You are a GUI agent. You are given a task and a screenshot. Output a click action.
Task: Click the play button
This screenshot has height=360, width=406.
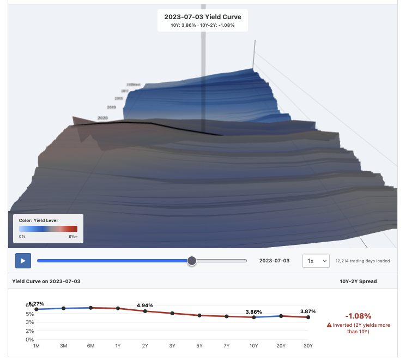click(x=23, y=261)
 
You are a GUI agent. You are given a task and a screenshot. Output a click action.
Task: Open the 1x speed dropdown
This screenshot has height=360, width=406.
click(x=316, y=261)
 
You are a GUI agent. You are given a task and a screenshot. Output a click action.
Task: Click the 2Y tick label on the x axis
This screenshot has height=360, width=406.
click(x=145, y=346)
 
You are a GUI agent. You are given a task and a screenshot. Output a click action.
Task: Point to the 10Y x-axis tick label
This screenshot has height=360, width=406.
click(x=254, y=346)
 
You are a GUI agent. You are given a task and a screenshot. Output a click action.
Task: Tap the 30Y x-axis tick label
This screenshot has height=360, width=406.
click(x=308, y=346)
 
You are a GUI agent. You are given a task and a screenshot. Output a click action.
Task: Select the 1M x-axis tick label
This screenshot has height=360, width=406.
click(x=37, y=346)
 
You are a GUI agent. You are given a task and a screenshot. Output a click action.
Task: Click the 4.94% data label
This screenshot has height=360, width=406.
click(x=145, y=305)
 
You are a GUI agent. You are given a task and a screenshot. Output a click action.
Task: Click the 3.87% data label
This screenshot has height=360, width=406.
click(x=308, y=311)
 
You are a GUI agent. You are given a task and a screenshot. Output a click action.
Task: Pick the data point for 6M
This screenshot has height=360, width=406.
click(x=90, y=308)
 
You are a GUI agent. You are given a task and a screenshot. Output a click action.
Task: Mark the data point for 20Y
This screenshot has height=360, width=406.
click(x=281, y=316)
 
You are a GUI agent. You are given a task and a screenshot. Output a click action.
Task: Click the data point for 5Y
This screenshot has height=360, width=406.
click(x=199, y=315)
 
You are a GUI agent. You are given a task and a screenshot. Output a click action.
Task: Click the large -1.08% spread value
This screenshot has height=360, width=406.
click(x=358, y=316)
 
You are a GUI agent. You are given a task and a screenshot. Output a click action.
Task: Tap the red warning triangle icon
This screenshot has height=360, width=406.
click(x=329, y=325)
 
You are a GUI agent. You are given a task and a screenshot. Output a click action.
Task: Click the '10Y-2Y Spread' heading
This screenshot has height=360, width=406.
click(x=357, y=281)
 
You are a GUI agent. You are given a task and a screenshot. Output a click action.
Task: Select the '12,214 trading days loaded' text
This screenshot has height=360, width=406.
click(x=362, y=261)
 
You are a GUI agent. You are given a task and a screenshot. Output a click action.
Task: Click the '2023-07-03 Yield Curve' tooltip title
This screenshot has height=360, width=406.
click(x=203, y=16)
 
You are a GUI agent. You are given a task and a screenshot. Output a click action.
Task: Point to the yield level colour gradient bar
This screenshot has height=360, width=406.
click(x=48, y=229)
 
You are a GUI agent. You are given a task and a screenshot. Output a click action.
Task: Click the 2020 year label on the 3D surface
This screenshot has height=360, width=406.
click(x=102, y=118)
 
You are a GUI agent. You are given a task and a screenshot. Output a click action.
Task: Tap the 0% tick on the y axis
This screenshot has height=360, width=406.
click(x=29, y=339)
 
